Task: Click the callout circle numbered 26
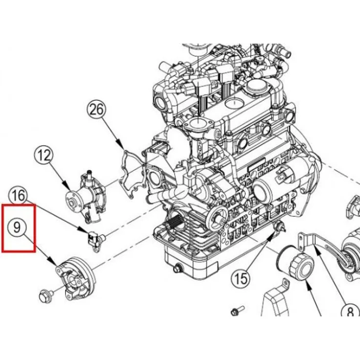click(96, 111)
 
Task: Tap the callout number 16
click(18, 196)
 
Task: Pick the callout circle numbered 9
click(17, 226)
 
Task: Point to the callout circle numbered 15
click(240, 279)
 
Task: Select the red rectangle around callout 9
click(18, 228)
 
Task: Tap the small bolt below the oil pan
click(238, 310)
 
